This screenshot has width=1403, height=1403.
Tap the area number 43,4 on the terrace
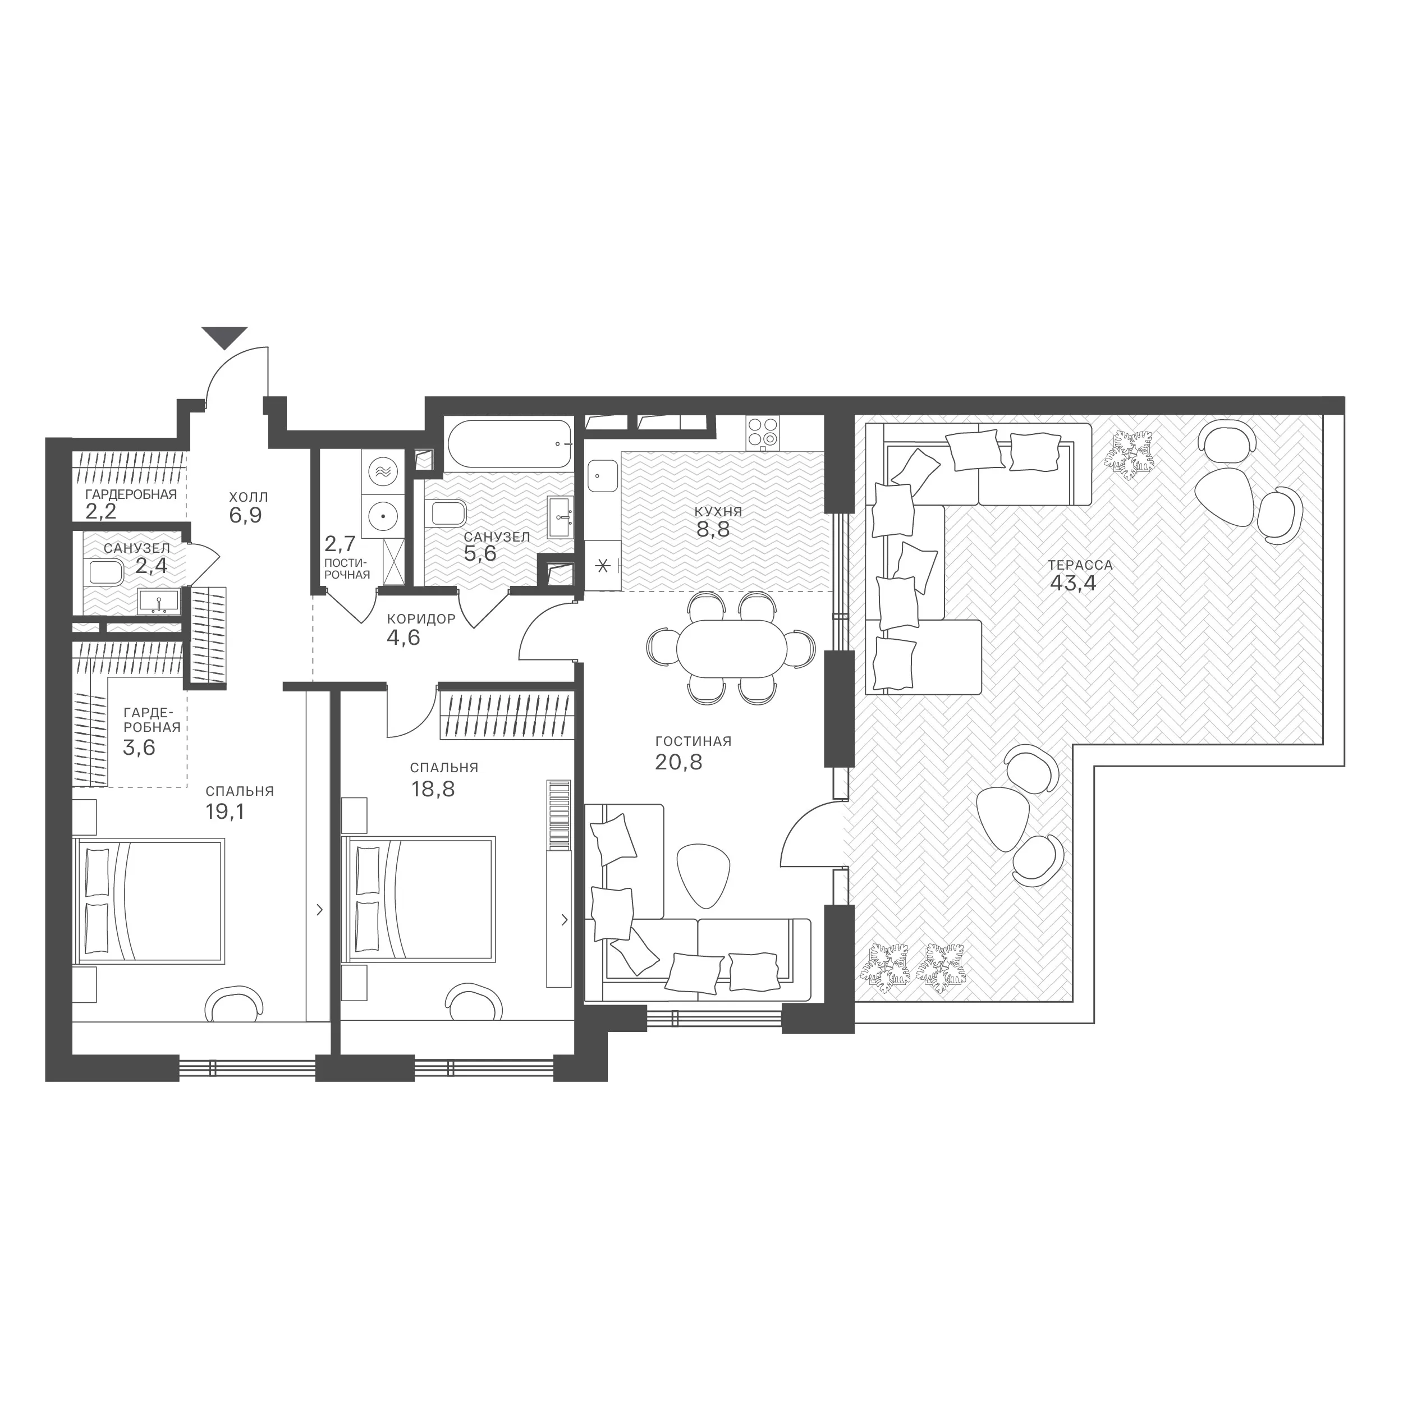1072,583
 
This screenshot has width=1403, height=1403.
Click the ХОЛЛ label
249,497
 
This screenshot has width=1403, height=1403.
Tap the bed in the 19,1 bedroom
149,901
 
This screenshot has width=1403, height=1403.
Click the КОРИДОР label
421,618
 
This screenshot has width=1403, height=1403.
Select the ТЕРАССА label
1080,564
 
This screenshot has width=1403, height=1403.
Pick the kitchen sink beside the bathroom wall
603,476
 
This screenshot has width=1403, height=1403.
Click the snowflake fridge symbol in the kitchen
603,566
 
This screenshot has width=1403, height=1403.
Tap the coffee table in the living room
702,876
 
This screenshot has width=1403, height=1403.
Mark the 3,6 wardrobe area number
139,748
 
